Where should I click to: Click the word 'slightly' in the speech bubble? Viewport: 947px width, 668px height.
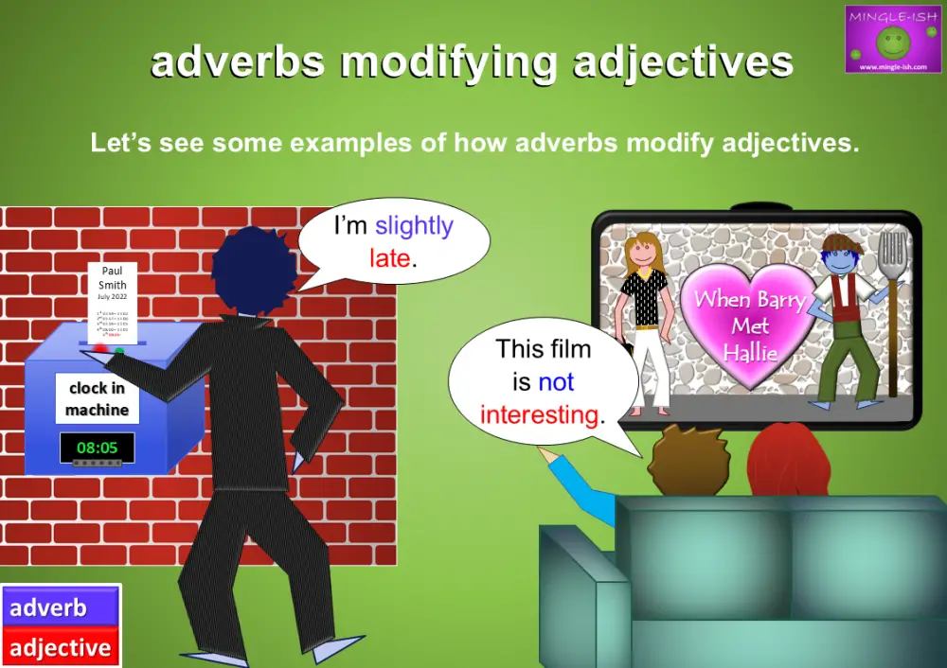pyautogui.click(x=414, y=226)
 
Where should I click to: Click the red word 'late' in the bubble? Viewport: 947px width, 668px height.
pyautogui.click(x=389, y=257)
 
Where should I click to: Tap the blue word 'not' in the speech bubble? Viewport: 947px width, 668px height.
pyautogui.click(x=556, y=382)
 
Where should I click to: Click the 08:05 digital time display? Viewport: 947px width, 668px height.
pyautogui.click(x=97, y=447)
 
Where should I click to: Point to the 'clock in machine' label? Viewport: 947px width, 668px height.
pyautogui.click(x=98, y=399)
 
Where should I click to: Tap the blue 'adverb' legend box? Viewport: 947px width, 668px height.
pyautogui.click(x=61, y=607)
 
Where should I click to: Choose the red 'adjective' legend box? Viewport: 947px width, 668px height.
pyautogui.click(x=61, y=648)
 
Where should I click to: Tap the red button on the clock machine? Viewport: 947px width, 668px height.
pyautogui.click(x=100, y=349)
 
